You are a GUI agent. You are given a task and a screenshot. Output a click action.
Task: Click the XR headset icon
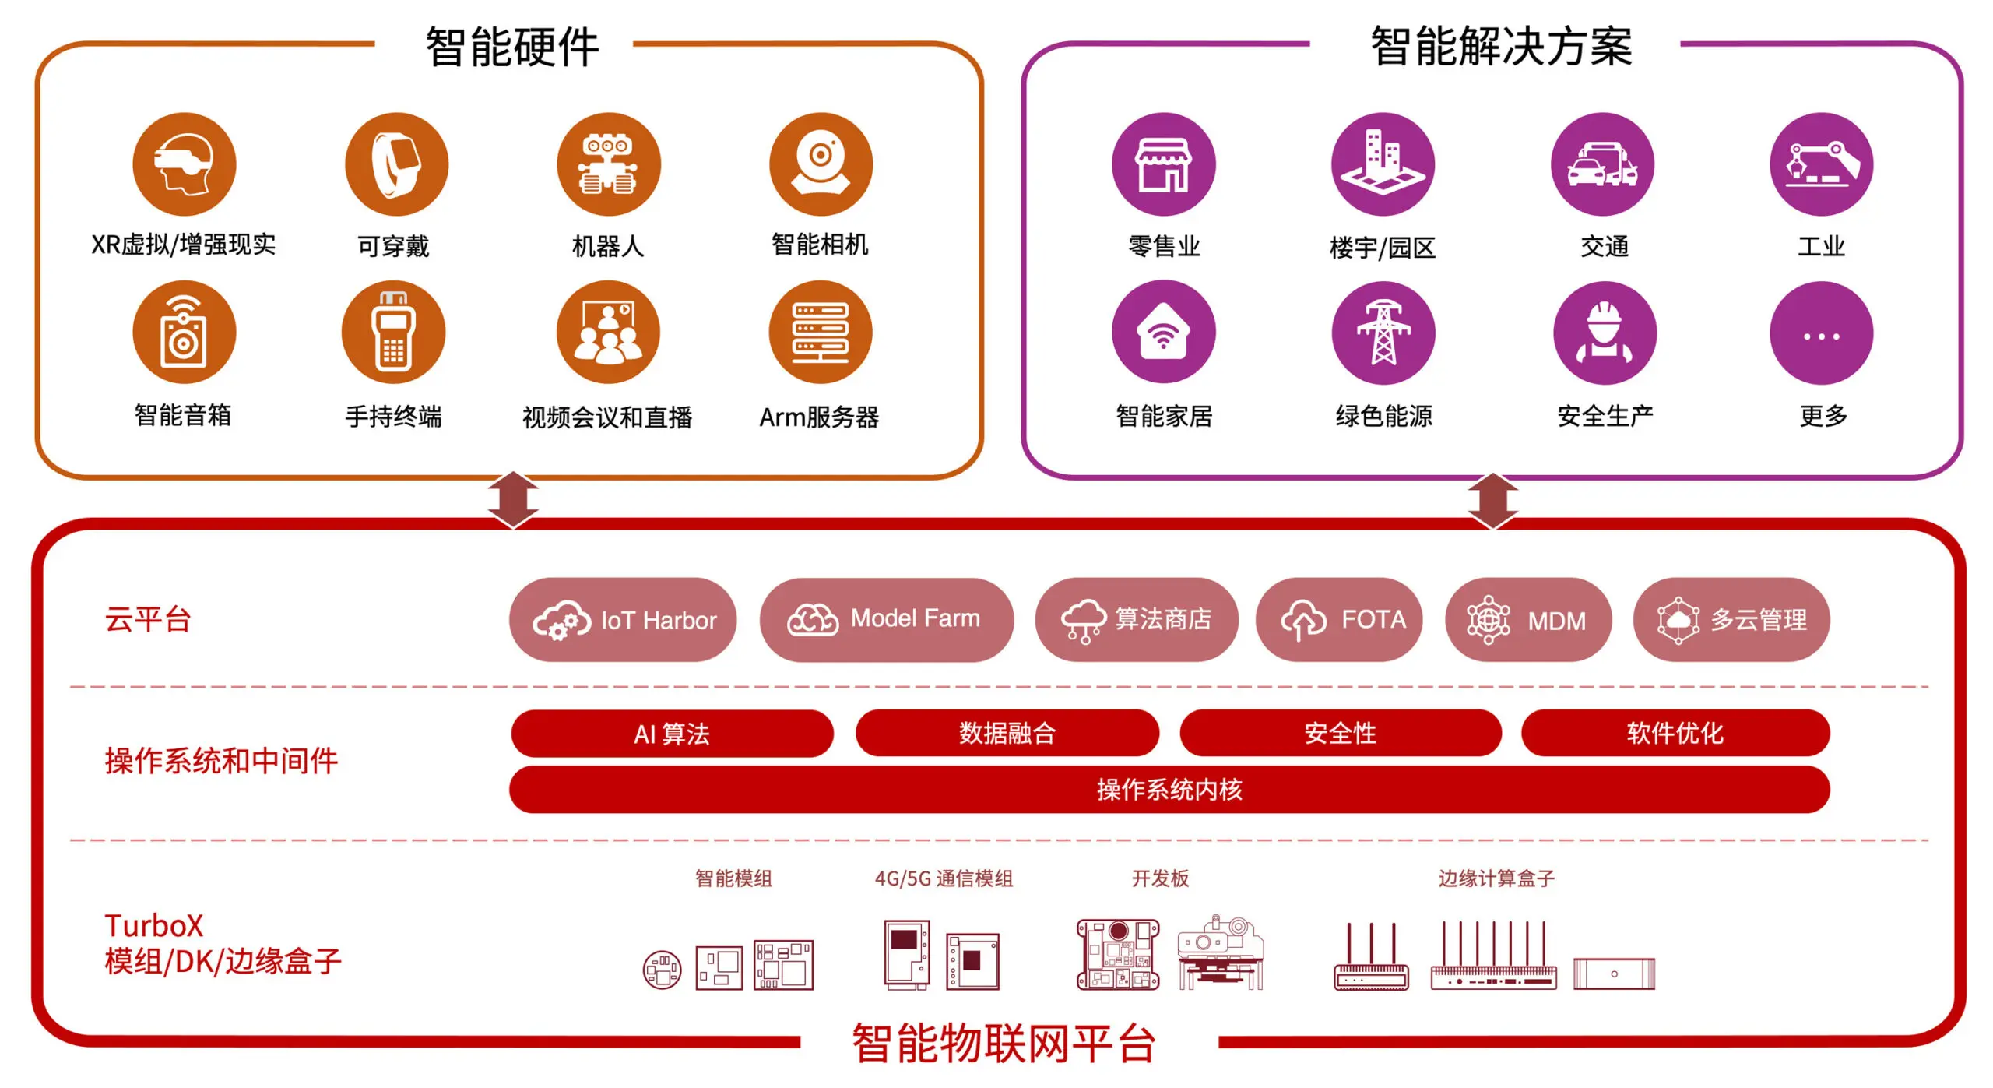pos(184,164)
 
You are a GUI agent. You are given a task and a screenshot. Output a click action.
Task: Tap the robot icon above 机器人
pos(608,164)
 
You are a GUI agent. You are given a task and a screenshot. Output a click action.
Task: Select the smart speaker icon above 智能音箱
pos(184,333)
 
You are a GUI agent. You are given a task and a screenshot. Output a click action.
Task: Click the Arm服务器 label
pos(819,417)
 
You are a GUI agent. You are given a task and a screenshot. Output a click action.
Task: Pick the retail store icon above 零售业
pos(1163,164)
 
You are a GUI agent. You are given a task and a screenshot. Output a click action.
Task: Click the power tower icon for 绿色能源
pos(1383,333)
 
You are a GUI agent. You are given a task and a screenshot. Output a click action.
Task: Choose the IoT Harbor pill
pos(623,620)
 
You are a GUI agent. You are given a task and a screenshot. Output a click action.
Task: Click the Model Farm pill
pos(886,620)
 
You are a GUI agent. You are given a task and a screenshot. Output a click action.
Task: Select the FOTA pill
pos(1339,620)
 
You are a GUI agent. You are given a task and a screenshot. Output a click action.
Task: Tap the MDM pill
pos(1527,620)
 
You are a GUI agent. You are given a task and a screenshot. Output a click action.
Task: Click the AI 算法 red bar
pos(672,734)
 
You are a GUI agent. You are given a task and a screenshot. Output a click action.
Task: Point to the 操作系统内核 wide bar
pos(1169,790)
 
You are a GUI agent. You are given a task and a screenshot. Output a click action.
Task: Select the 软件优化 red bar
pos(1675,733)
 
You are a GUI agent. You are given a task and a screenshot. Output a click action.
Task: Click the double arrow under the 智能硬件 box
pos(513,499)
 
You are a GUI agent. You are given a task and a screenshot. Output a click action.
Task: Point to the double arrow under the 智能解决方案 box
pos(1492,500)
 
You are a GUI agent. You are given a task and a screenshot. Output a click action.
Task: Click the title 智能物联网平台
pos(1004,1044)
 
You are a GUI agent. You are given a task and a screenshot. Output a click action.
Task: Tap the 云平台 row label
pos(148,620)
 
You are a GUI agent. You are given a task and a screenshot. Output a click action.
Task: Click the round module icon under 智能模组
pos(662,970)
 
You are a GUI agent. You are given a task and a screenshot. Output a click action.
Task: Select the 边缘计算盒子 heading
pos(1496,878)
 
